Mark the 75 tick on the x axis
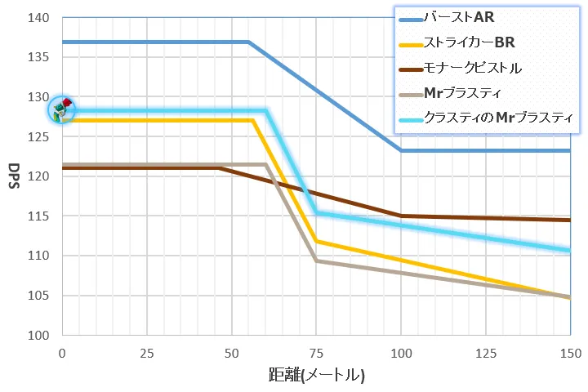(x=316, y=353)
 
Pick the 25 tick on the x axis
(x=146, y=353)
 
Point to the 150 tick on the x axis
(x=569, y=353)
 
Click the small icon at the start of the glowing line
(x=62, y=109)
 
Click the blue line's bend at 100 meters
(x=401, y=150)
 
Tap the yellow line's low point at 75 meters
(x=316, y=241)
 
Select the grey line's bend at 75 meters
(x=316, y=261)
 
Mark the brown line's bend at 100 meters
(x=401, y=216)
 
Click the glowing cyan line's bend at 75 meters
(x=316, y=213)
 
